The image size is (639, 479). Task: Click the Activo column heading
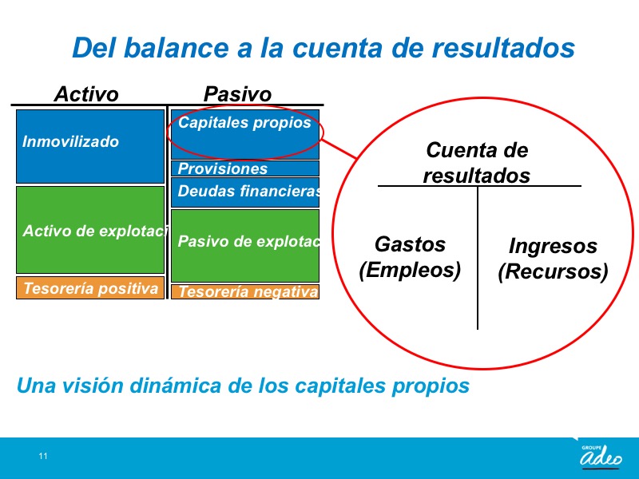(x=86, y=94)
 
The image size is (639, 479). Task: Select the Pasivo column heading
(x=237, y=94)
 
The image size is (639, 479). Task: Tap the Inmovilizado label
(x=70, y=142)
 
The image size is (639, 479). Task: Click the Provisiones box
(x=245, y=168)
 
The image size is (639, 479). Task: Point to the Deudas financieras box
(x=245, y=192)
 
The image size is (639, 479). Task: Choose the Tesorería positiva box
(x=90, y=288)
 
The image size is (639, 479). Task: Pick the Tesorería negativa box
(x=245, y=291)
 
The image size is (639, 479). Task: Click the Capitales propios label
(x=244, y=123)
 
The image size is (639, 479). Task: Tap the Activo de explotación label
(x=95, y=231)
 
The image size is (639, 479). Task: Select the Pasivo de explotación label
(x=248, y=242)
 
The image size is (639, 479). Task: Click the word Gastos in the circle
(x=410, y=244)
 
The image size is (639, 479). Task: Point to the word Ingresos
(x=553, y=247)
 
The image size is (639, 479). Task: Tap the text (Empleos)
(x=410, y=270)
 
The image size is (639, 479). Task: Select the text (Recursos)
(x=553, y=271)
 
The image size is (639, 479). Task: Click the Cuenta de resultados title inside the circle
(x=477, y=163)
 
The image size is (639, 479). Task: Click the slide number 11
(x=43, y=456)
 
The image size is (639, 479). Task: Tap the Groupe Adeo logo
(x=601, y=456)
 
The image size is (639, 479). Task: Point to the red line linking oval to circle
(x=339, y=148)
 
